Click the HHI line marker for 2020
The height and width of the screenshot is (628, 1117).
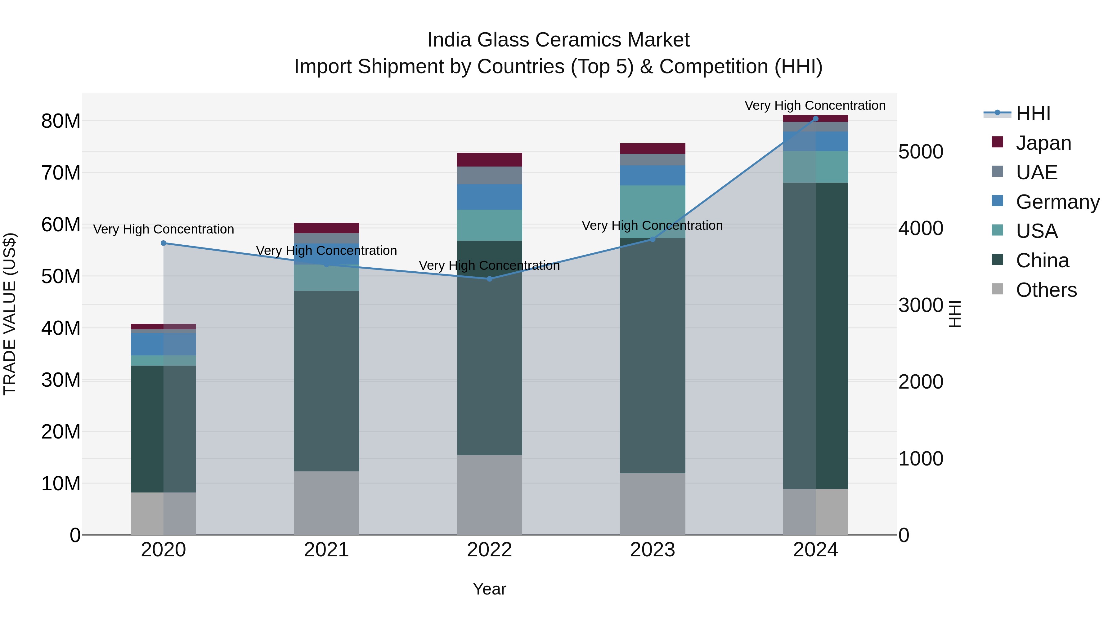(164, 243)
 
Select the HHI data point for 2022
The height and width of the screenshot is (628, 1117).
(490, 279)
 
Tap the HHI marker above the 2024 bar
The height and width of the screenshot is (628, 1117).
(816, 119)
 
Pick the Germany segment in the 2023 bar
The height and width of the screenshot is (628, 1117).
(652, 175)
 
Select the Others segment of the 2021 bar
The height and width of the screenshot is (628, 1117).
(326, 503)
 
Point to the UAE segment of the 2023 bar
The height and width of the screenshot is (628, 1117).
(652, 159)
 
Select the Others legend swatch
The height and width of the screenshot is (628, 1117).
(997, 289)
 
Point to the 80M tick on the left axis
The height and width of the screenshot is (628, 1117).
(61, 121)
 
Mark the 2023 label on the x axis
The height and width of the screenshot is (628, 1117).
(652, 550)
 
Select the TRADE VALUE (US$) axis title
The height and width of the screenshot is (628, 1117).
(10, 314)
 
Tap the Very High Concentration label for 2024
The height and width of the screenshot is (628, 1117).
(815, 105)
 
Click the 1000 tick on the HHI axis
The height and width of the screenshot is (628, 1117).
(921, 459)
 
